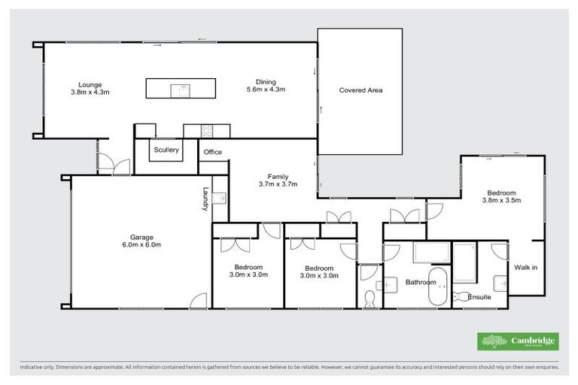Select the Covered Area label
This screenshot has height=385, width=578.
[x=360, y=90]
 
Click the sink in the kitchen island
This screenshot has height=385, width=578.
[x=180, y=89]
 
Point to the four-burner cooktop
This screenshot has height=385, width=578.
[x=206, y=131]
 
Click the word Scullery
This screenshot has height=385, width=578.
[x=166, y=150]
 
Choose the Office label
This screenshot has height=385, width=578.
[x=213, y=153]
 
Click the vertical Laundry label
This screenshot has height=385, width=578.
[x=204, y=199]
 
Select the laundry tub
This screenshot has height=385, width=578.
[x=219, y=198]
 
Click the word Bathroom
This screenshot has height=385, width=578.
[x=421, y=283]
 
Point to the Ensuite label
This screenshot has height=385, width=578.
[x=479, y=297]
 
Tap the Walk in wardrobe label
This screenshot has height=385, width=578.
[x=525, y=268]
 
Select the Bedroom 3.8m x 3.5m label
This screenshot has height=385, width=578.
[x=502, y=196]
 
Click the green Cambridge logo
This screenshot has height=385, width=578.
[x=518, y=341]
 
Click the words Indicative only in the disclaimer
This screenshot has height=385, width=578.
[x=38, y=368]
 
